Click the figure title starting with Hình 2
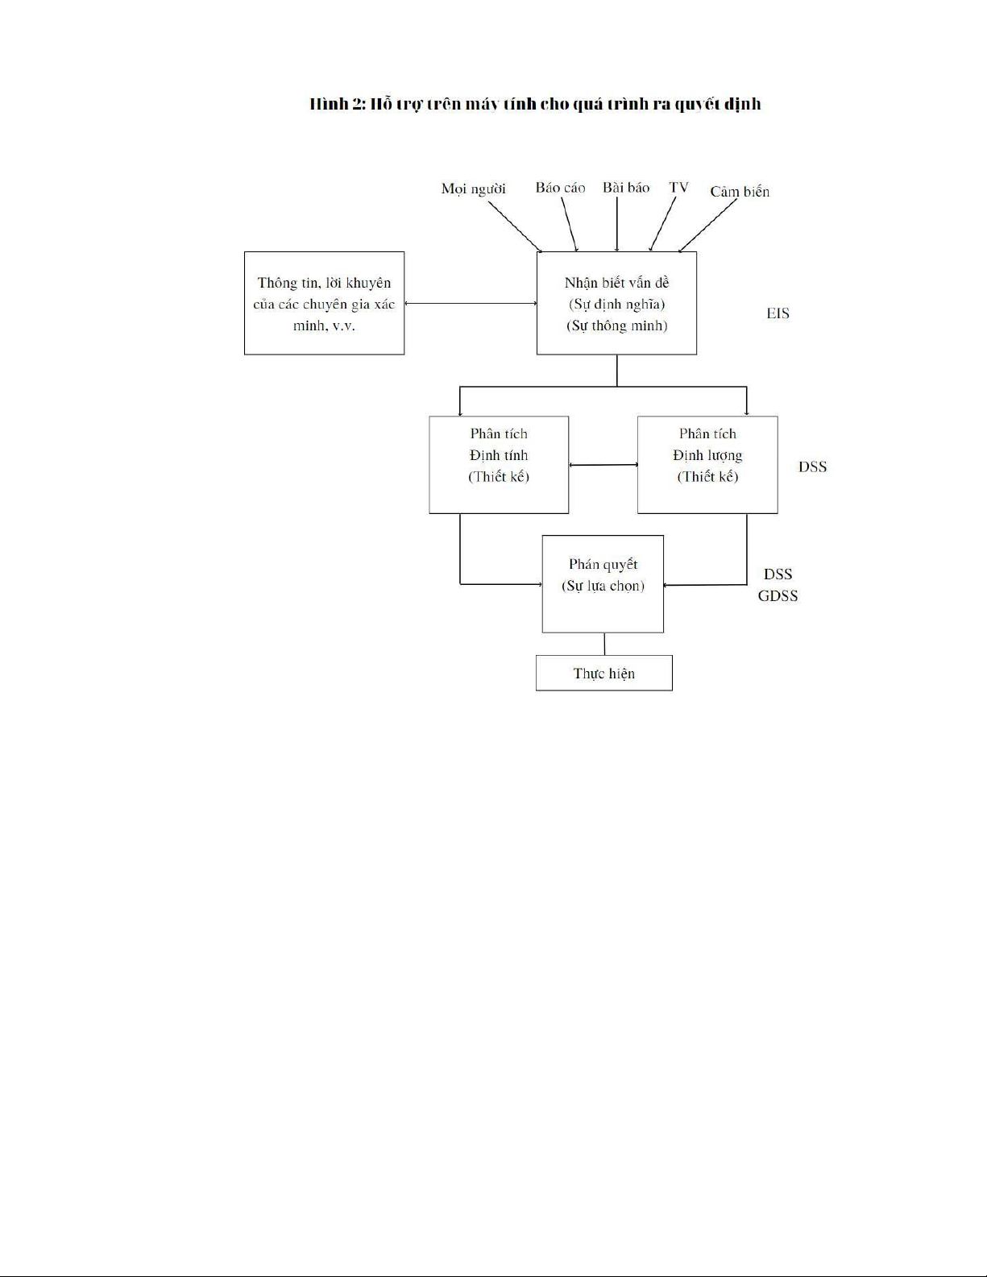[535, 105]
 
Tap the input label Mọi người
[473, 189]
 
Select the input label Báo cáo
[560, 188]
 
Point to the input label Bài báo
[626, 188]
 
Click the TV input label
[678, 187]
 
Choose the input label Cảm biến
[740, 192]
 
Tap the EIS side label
[778, 313]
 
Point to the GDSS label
[778, 596]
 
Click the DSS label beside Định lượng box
[812, 466]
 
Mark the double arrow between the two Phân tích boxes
[603, 465]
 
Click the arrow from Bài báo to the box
[617, 225]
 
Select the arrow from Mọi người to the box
[515, 227]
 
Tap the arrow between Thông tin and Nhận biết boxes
[471, 303]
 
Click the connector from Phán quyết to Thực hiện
[604, 644]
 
